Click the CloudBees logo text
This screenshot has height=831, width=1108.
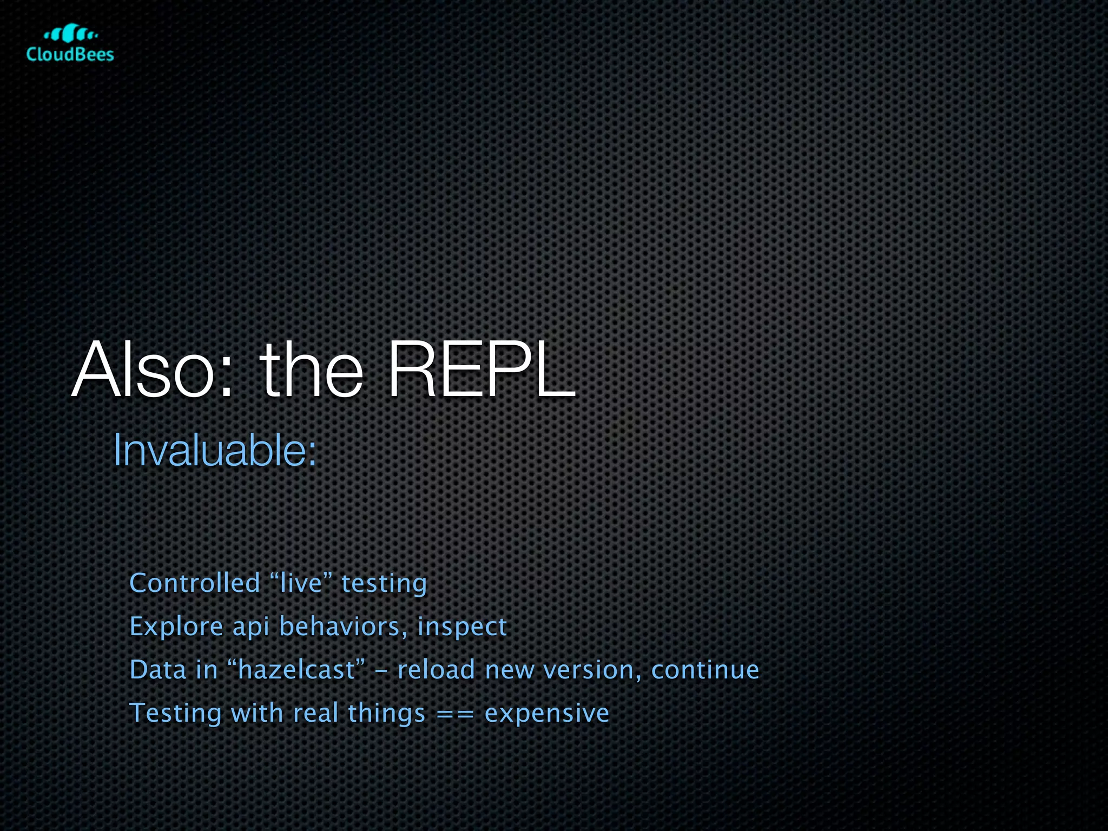point(70,54)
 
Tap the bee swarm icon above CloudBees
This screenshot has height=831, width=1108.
point(70,34)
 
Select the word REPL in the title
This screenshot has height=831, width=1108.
point(481,371)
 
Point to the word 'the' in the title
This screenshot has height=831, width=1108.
point(311,371)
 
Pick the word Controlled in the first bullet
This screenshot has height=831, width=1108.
point(195,583)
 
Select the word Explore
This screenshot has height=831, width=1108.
point(176,626)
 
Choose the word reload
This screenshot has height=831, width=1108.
point(436,670)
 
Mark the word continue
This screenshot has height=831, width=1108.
point(705,670)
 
